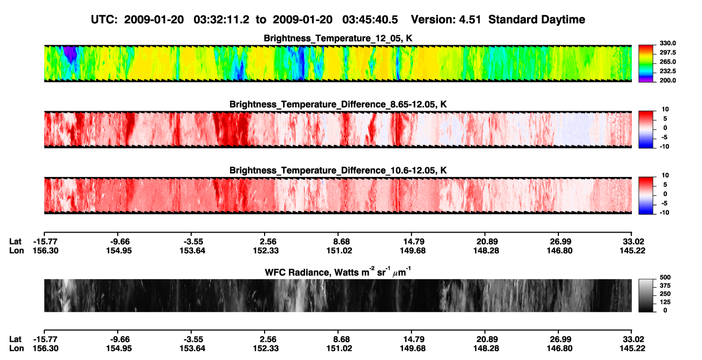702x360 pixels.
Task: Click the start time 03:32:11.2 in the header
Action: (221, 20)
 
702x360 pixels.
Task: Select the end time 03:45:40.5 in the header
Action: (370, 20)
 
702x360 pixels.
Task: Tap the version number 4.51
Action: (470, 20)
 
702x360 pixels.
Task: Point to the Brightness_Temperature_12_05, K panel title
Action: (338, 38)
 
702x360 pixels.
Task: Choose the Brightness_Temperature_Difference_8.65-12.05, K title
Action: (338, 104)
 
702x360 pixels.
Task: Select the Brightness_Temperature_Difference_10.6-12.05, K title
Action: (338, 171)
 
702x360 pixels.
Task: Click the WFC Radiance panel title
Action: (338, 272)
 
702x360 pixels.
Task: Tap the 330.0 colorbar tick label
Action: (667, 43)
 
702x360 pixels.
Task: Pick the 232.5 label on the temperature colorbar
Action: (667, 71)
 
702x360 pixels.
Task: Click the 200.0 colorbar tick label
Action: (667, 80)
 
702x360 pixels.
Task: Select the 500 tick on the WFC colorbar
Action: (665, 277)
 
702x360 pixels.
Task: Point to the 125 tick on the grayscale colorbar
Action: (665, 302)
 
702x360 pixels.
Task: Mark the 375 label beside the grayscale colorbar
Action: (665, 286)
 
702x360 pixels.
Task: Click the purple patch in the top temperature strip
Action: (70, 53)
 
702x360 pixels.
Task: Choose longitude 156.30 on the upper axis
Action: (45, 250)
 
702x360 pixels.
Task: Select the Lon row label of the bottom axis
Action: (16, 349)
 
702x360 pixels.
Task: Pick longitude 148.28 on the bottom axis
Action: (486, 349)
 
